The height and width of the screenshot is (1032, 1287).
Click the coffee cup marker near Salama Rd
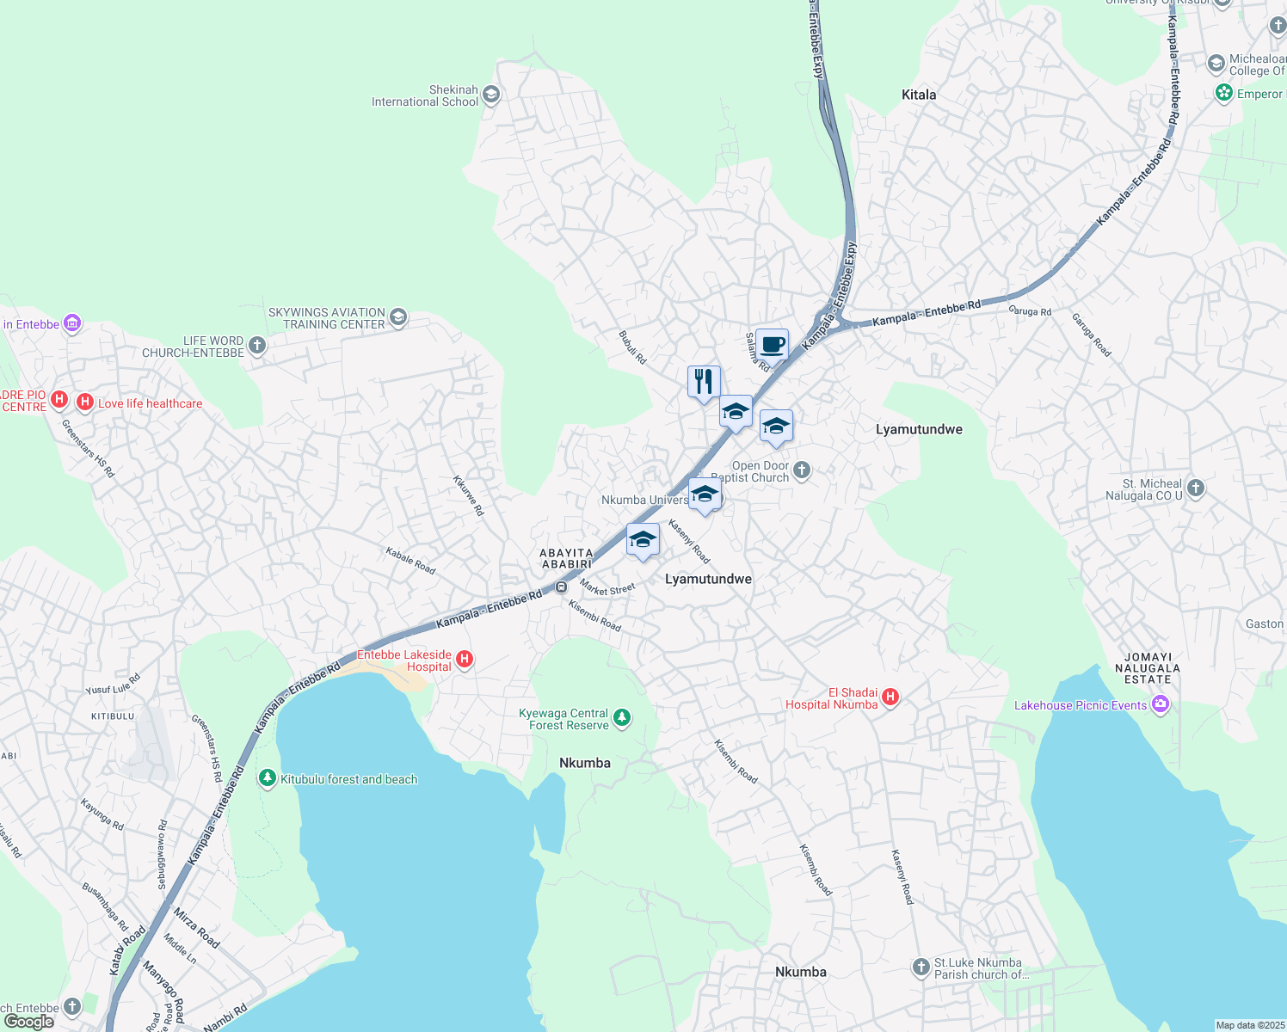(772, 345)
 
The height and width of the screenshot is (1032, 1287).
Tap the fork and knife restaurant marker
(704, 382)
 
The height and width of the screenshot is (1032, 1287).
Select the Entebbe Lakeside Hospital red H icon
(465, 660)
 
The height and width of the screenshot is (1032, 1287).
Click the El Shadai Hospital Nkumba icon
(890, 697)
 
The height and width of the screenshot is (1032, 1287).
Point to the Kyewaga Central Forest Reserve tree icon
(622, 717)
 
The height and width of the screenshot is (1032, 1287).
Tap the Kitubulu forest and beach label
(348, 779)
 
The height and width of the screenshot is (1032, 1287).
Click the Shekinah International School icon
(491, 95)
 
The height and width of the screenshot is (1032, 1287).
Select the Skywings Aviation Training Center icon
(397, 317)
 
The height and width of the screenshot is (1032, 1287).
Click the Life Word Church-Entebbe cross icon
(256, 346)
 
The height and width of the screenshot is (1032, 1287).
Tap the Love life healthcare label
(151, 403)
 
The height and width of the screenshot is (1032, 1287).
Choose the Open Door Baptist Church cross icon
(802, 470)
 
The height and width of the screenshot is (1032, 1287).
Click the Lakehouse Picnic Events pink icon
(1161, 705)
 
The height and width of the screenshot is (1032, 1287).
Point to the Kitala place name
(919, 95)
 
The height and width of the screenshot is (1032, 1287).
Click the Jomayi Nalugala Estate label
(1148, 667)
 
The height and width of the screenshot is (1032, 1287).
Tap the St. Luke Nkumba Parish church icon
(921, 968)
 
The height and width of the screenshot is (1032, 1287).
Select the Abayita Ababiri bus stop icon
(561, 587)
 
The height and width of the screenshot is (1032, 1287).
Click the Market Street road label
(607, 589)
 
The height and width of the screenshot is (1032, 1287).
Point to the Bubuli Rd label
(632, 347)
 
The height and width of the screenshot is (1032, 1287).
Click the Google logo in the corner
(28, 1022)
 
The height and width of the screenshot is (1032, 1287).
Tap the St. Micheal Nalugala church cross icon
(1195, 488)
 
